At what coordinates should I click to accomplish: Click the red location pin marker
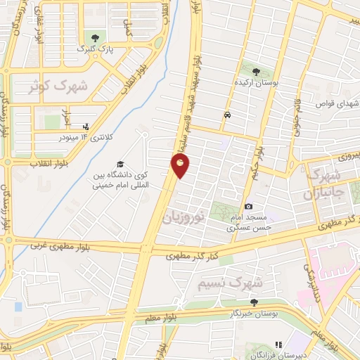tap(181, 166)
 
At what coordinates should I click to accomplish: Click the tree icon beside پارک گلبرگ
tap(92, 37)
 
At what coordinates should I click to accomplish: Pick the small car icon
tap(226, 115)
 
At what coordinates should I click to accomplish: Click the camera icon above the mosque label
tap(249, 206)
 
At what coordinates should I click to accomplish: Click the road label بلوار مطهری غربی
tap(60, 246)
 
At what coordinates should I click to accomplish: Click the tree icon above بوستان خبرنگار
tap(253, 302)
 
